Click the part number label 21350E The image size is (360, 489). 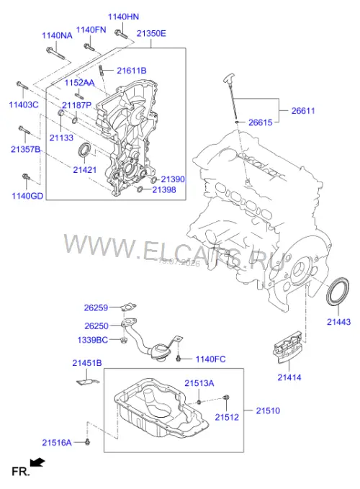click(x=151, y=33)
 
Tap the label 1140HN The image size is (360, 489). click(x=123, y=17)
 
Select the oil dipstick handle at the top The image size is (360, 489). click(x=229, y=78)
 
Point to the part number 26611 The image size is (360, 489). click(x=303, y=111)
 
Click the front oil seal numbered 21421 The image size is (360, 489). click(x=84, y=151)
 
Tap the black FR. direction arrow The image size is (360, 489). click(x=37, y=462)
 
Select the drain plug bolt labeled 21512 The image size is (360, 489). click(x=226, y=398)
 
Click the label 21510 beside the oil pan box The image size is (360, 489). click(x=268, y=411)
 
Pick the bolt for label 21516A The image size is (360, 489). click(x=87, y=441)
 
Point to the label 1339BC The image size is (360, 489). click(x=93, y=340)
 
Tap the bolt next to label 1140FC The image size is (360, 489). click(x=179, y=358)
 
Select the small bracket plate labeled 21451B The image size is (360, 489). click(x=88, y=382)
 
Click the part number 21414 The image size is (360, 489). click(x=289, y=377)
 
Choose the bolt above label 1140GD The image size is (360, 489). click(x=26, y=177)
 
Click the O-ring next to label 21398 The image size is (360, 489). click(x=140, y=189)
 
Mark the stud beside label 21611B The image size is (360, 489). click(x=102, y=71)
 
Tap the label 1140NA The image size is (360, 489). click(x=57, y=35)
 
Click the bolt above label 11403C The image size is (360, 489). click(x=22, y=85)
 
